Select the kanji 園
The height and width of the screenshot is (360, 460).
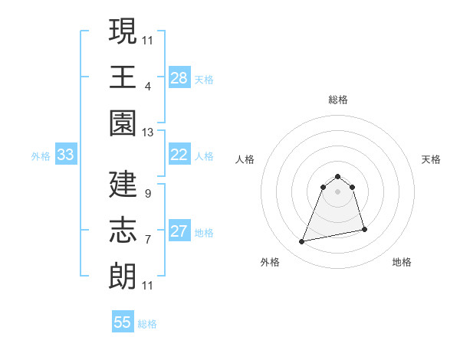click(123, 123)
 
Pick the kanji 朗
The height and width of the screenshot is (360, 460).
click(123, 277)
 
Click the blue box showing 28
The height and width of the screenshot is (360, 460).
click(179, 78)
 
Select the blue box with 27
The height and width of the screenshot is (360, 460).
click(179, 232)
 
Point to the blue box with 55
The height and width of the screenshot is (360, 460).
click(123, 322)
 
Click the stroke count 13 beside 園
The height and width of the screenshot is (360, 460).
click(148, 133)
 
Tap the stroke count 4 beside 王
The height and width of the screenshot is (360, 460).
click(148, 86)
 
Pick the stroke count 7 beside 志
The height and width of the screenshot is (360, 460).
click(148, 239)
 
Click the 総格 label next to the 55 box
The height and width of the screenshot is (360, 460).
click(147, 324)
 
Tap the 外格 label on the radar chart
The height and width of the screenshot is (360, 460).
click(270, 262)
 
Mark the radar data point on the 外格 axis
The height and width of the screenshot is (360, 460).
click(302, 242)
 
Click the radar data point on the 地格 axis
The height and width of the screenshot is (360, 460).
click(364, 229)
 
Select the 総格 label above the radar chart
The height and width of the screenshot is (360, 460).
click(338, 100)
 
